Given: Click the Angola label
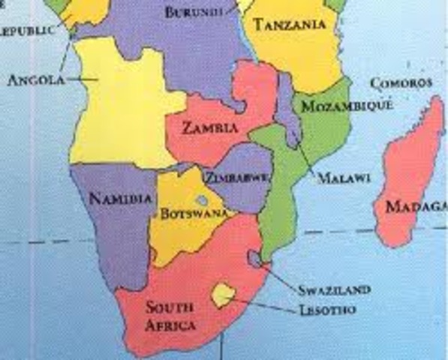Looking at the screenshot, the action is click(35, 79).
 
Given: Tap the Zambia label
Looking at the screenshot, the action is click(210, 128).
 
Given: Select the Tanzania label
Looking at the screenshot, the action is click(290, 25).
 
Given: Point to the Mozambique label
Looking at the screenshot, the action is click(347, 106).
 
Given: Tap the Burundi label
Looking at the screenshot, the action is click(195, 12).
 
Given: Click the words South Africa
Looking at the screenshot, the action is click(170, 316).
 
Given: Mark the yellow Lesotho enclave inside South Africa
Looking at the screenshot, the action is click(223, 295).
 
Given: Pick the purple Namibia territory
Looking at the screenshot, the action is click(113, 225).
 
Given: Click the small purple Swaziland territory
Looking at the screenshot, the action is click(257, 259).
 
